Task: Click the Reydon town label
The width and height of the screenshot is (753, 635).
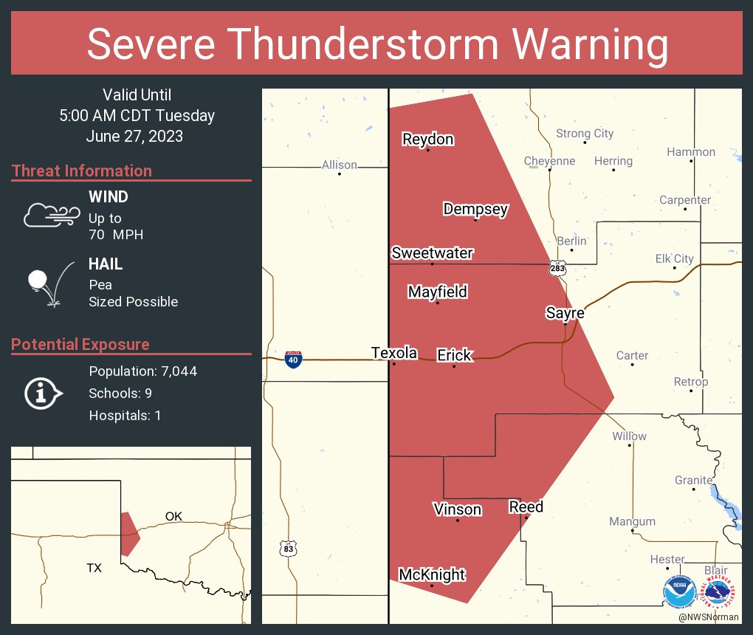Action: coord(427,139)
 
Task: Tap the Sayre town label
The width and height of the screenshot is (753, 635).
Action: coord(565,312)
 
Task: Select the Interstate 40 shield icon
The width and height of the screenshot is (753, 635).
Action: coord(293,360)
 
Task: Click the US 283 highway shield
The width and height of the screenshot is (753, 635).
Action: coord(557,269)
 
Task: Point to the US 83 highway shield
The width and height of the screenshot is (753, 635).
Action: coord(289,548)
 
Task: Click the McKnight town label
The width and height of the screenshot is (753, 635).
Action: coord(432,574)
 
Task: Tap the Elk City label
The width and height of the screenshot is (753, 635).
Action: coord(674,258)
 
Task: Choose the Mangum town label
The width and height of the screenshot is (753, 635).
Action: coord(632,521)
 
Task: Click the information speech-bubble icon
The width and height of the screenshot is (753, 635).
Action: coord(43,394)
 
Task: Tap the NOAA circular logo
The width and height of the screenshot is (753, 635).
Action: coord(679,592)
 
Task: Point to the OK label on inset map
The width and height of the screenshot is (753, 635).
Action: coord(173,516)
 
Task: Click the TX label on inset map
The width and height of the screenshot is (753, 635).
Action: coord(94,568)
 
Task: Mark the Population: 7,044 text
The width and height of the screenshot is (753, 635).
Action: coord(142,371)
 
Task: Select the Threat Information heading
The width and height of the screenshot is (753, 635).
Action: coord(82,171)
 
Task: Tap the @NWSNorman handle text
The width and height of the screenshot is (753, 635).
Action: coord(709,616)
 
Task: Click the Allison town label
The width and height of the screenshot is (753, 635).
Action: coord(339,165)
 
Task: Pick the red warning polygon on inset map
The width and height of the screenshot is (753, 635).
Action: coord(128,532)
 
